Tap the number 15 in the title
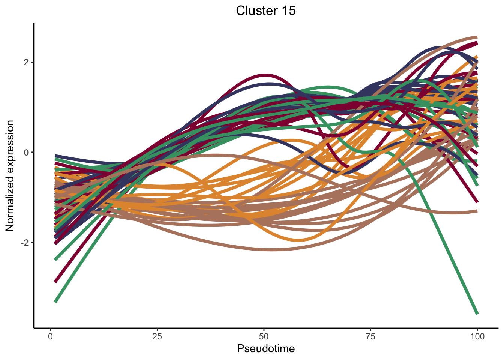point(288,11)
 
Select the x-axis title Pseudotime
point(266,349)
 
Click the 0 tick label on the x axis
point(51,336)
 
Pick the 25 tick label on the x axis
point(157,336)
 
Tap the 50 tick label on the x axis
point(264,336)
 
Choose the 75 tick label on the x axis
point(370,336)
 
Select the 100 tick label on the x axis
point(477,336)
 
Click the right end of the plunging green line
point(477,313)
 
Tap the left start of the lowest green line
point(55,301)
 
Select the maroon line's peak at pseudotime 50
point(265,75)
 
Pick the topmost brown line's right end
point(477,37)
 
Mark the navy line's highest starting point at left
point(55,156)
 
